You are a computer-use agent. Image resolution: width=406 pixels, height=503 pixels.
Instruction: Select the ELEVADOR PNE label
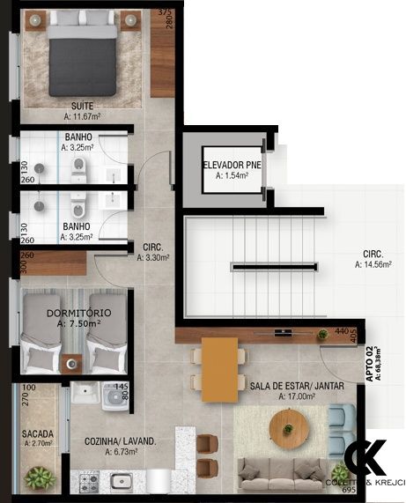[x=231, y=165]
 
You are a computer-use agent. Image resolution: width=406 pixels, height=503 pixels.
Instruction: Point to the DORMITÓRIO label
[x=79, y=313]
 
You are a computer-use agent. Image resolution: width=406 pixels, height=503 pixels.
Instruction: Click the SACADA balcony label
[x=38, y=433]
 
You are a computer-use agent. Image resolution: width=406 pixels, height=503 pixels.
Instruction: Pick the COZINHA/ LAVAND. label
[x=122, y=441]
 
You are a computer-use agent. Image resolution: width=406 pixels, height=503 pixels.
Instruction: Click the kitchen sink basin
[x=121, y=481]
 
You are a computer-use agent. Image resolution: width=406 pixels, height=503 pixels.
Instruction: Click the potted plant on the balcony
[x=40, y=478]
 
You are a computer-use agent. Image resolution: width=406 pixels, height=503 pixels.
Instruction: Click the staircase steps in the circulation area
[x=273, y=265]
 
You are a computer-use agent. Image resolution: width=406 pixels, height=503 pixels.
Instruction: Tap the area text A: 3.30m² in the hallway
[x=153, y=258]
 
